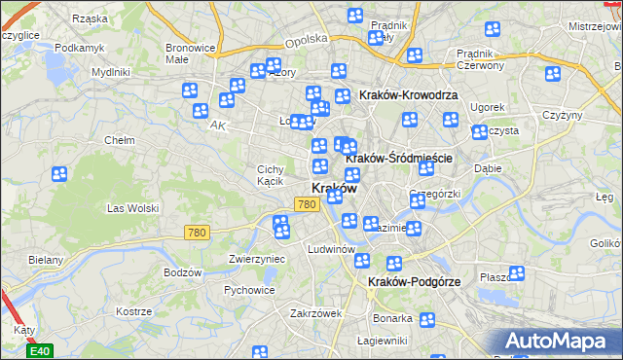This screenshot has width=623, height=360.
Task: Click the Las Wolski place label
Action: [x=131, y=207]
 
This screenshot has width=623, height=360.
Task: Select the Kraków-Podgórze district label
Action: [x=414, y=281]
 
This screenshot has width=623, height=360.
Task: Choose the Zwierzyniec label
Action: [x=255, y=259]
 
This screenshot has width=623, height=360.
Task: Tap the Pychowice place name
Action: [x=248, y=289]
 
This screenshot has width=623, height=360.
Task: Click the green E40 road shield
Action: [x=39, y=350]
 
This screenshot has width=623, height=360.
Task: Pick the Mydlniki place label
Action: [x=110, y=72]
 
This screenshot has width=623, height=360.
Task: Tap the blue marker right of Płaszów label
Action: [x=517, y=274]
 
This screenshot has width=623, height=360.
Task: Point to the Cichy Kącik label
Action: [x=270, y=174]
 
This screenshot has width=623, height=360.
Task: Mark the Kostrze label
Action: [x=132, y=312]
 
